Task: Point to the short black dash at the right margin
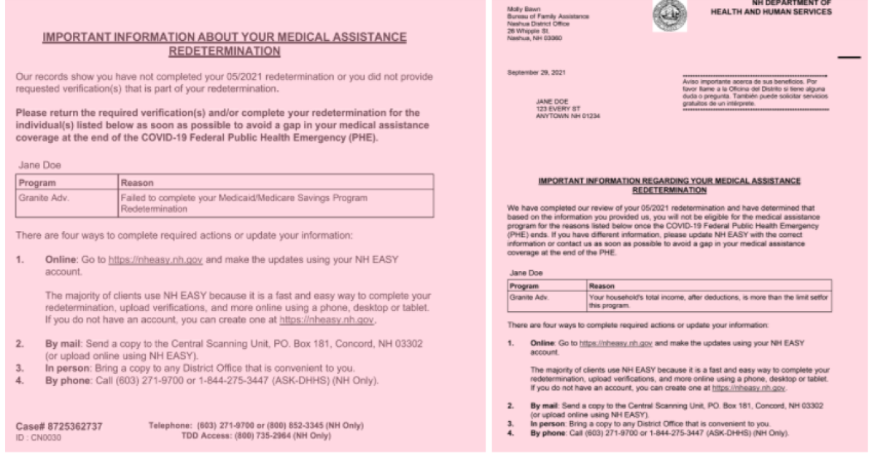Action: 849,57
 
